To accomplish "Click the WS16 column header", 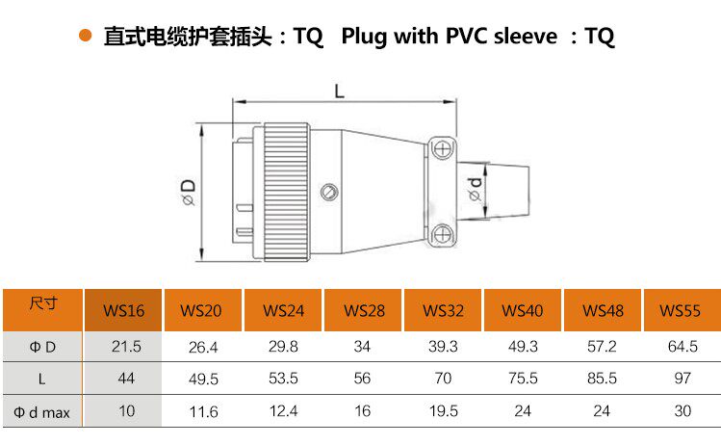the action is point(124,310).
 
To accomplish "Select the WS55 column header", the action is point(681,310).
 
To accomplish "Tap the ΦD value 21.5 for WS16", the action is point(126,346).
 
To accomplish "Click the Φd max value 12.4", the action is point(284,411).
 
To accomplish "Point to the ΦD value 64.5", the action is point(681,346).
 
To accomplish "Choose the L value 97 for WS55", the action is point(681,379).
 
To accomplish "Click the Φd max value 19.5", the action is point(443,411).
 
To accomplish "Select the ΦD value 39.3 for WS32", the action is point(443,346).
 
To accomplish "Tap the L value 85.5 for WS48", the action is point(602,379).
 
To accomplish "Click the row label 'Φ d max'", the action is point(42,412).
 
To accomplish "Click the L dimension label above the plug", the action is point(340,91).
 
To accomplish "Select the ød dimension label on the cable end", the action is point(475,189).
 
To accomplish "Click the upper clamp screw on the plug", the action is point(442,147).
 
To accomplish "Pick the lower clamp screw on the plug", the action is point(442,233).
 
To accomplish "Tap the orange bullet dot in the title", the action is point(85,37).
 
